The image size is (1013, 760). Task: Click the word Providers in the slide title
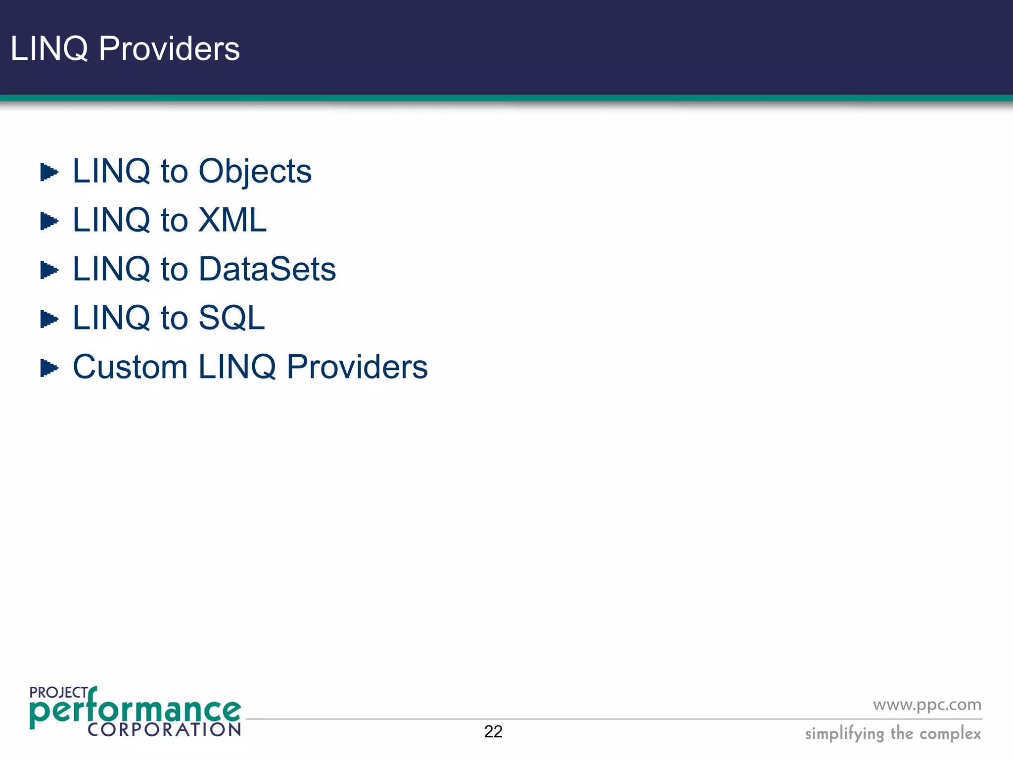169,49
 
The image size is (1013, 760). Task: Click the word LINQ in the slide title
49,49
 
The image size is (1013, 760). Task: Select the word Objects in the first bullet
255,172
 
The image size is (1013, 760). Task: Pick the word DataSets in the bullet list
267,269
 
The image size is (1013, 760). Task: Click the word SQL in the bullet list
231,318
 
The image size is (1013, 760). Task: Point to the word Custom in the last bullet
130,367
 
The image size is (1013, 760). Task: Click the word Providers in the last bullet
357,367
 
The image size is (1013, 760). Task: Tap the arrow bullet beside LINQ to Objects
49,172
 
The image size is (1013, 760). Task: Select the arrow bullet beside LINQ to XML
49,221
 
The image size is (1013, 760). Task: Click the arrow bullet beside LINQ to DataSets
49,270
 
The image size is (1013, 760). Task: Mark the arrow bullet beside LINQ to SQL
49,319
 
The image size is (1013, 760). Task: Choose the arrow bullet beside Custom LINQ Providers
49,368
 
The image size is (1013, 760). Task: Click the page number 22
493,731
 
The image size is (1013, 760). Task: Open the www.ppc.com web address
927,705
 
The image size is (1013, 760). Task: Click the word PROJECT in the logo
58,693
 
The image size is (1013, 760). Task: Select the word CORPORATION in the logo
164,729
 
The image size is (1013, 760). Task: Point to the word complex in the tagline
950,734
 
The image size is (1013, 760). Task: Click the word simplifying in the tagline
844,734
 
